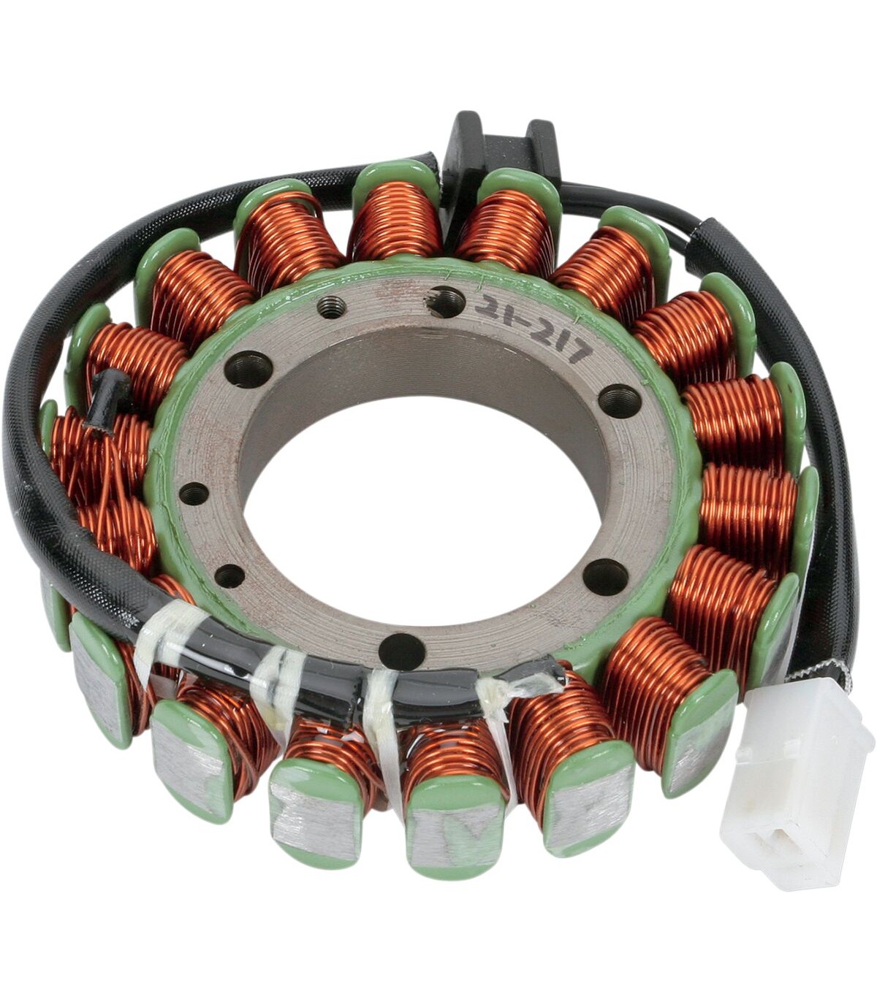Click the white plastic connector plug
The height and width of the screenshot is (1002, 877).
point(794,784)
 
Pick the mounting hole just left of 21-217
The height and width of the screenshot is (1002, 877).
point(446,301)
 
